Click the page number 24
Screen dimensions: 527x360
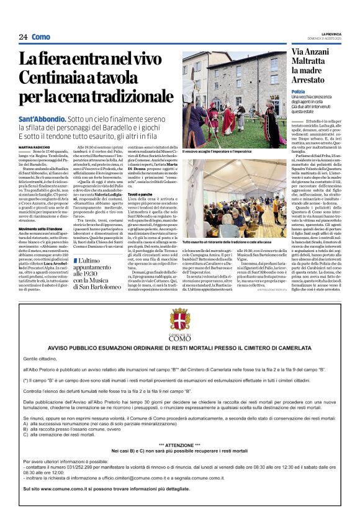pyautogui.click(x=23, y=37)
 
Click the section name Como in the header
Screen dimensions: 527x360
pyautogui.click(x=41, y=37)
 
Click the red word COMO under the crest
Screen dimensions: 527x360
pyautogui.click(x=179, y=339)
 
